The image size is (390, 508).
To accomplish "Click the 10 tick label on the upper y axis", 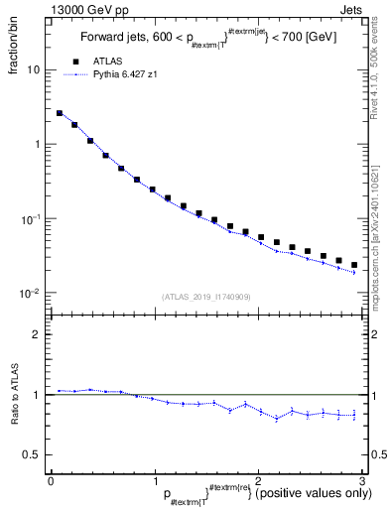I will pos(33,70).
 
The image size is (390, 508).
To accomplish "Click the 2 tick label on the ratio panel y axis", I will pos(37,334).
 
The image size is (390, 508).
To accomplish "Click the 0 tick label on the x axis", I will pos(51,479).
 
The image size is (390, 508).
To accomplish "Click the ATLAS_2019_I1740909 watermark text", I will pos(205,297).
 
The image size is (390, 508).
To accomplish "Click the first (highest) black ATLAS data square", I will pos(60,113).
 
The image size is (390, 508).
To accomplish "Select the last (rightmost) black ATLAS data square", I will pos(353,265).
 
